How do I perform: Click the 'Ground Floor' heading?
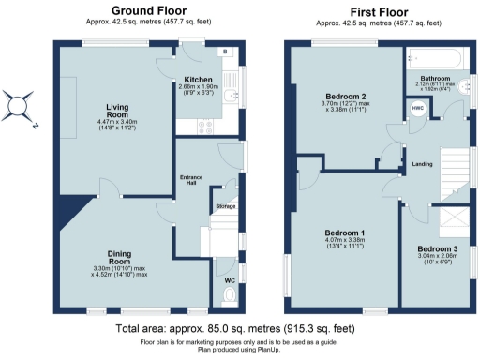pyautogui.click(x=147, y=10)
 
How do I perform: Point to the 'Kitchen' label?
pyautogui.click(x=198, y=80)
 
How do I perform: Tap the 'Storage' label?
pyautogui.click(x=226, y=206)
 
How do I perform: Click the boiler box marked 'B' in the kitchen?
pyautogui.click(x=224, y=52)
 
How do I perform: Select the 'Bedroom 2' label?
pyautogui.click(x=345, y=97)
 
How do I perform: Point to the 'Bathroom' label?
pyautogui.click(x=437, y=79)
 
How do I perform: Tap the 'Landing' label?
pyautogui.click(x=422, y=165)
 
